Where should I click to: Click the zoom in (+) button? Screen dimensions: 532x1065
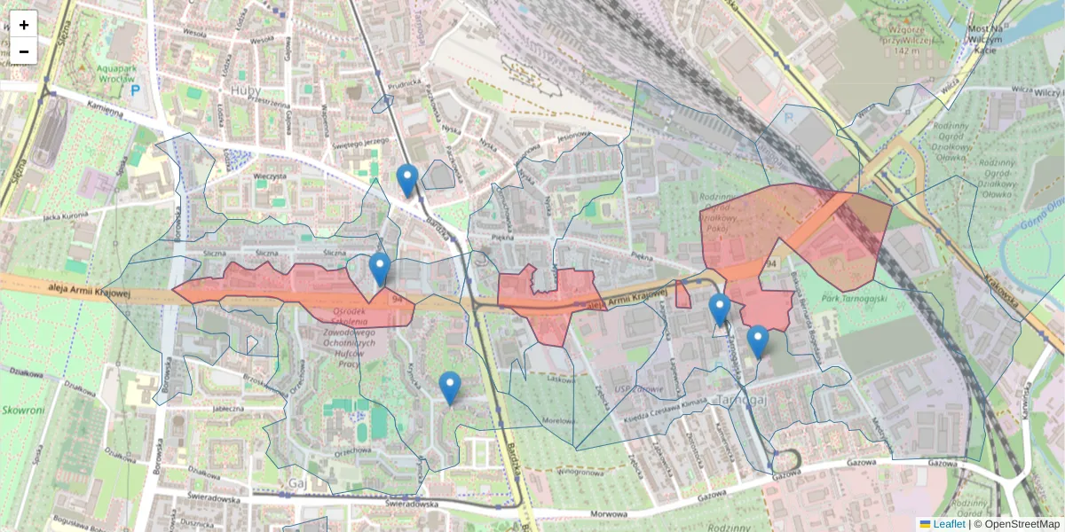point(24,24)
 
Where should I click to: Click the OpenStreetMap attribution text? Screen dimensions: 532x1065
point(1020,524)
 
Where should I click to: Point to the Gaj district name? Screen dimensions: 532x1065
point(296,483)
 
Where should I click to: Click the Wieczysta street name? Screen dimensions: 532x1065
point(270,176)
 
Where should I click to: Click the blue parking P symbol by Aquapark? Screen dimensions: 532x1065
point(136,90)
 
